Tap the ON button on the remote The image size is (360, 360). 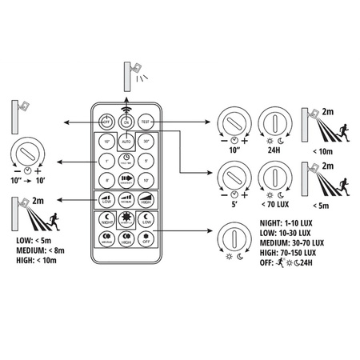point(126,122)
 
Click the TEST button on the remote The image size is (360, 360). point(146,122)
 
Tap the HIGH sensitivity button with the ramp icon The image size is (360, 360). point(146,200)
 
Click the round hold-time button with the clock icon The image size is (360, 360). point(126,160)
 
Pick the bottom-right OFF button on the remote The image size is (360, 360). point(146,238)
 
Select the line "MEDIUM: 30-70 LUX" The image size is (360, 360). point(291,242)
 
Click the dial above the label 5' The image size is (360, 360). point(233,177)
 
